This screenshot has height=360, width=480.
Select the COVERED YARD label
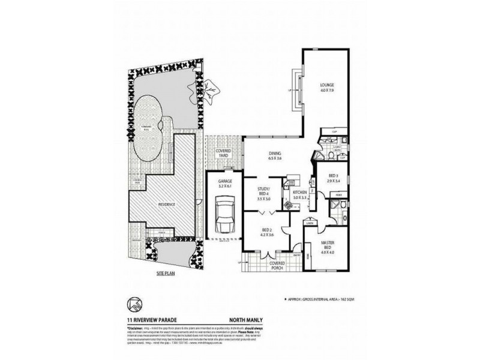[x=224, y=154]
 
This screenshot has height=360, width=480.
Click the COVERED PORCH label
[x=277, y=265]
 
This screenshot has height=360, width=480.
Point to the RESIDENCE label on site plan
[x=167, y=205]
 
